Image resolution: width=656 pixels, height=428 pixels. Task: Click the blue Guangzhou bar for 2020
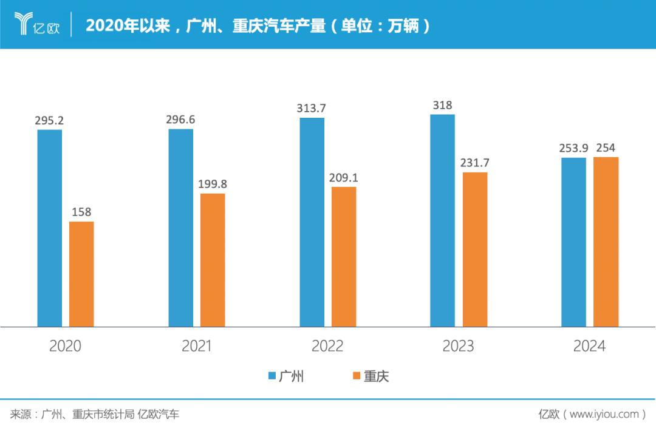(x=50, y=228)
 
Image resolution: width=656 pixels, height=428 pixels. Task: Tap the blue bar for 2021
(x=181, y=228)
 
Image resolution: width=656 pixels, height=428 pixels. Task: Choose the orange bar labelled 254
(x=606, y=242)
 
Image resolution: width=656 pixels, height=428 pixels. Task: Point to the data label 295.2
(x=50, y=120)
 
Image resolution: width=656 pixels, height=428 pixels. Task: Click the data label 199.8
(x=212, y=184)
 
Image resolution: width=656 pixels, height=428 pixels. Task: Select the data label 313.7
(x=312, y=109)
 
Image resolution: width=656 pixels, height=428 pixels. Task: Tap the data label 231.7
(x=474, y=163)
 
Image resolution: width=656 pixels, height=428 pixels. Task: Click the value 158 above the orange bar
(x=81, y=212)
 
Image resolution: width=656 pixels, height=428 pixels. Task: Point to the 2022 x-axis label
(x=327, y=346)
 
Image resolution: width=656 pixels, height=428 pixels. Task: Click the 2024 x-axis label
(x=589, y=346)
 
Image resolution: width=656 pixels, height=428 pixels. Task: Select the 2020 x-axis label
(x=65, y=346)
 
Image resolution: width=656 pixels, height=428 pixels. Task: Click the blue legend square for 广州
(x=272, y=376)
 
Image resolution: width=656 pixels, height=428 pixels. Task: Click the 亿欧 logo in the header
(x=37, y=25)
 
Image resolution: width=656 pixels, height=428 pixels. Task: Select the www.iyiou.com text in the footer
(x=604, y=415)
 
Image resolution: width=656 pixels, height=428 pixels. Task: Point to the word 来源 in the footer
(x=20, y=415)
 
